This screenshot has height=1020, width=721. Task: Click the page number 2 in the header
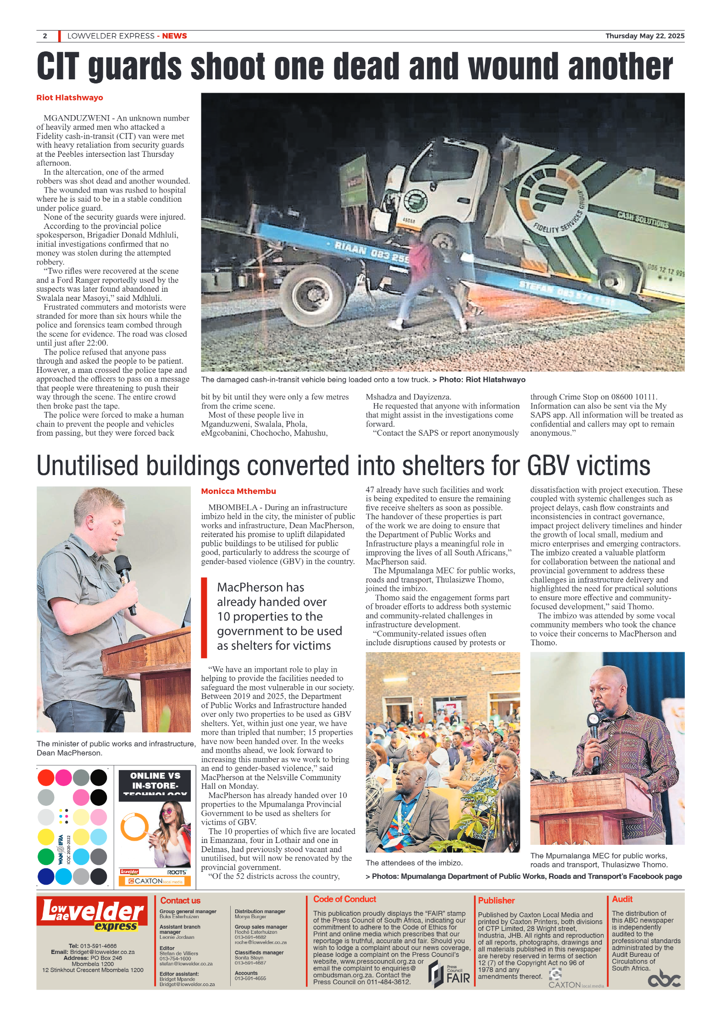[45, 36]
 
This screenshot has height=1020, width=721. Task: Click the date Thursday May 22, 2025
[644, 36]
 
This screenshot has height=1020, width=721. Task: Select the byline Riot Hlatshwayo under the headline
[70, 98]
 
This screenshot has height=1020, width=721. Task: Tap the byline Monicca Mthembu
[238, 491]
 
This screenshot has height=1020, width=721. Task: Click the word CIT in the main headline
[58, 67]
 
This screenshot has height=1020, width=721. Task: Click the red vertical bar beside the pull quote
[204, 617]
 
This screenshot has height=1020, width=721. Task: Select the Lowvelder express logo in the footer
[92, 914]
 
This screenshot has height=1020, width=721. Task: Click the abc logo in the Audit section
[664, 979]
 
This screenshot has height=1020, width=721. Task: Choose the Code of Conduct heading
[344, 899]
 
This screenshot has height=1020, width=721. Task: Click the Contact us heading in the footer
[180, 900]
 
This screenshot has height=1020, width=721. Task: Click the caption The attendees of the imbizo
[414, 863]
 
